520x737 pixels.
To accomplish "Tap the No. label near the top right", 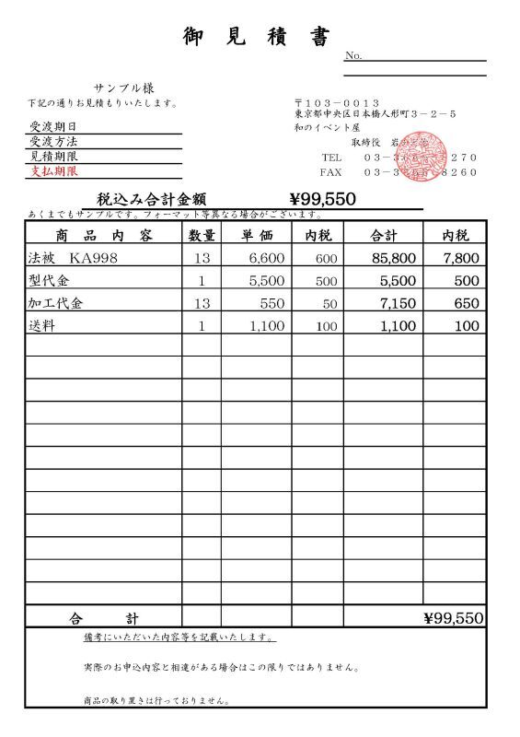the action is click(353, 56).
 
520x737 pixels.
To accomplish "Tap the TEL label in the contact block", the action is click(330, 158).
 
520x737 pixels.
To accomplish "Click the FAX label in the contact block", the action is click(330, 172).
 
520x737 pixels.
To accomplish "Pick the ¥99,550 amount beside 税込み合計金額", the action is click(322, 198).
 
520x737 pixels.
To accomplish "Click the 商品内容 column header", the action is click(103, 235).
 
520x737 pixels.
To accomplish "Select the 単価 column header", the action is click(256, 235).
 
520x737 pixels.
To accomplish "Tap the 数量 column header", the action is click(202, 235).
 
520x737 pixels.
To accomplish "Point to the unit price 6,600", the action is click(267, 258).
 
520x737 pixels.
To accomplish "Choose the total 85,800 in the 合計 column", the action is click(394, 258).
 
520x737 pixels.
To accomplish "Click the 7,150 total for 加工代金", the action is click(400, 303).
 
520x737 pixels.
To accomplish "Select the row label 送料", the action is click(42, 325).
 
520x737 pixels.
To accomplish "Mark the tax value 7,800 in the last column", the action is click(461, 258).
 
